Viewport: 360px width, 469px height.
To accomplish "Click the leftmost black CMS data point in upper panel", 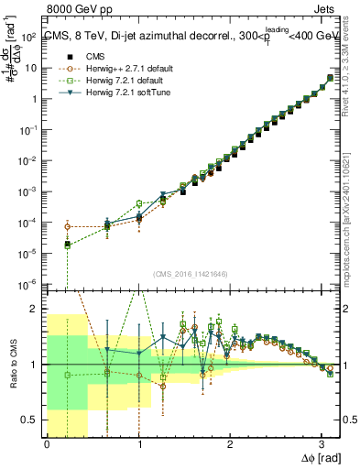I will point(68,244).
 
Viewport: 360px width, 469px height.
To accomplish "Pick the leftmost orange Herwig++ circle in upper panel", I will point(68,226).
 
